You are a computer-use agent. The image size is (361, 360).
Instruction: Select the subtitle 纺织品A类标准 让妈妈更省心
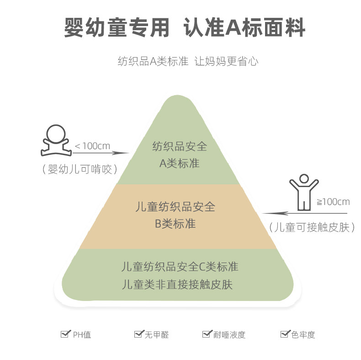point(188,61)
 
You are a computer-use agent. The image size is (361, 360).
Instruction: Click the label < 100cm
point(92,146)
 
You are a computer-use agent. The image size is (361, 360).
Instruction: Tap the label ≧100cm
point(333,202)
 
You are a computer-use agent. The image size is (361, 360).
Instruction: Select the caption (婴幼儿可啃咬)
point(80,169)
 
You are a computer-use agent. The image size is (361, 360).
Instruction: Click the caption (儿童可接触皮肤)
point(312,227)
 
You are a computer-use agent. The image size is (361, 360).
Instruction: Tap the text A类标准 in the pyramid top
point(180,163)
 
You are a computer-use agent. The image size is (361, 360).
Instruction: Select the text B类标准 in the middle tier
point(175,224)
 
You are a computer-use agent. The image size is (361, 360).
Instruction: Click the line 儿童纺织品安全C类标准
point(180,266)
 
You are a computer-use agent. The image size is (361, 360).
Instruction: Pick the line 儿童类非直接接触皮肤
point(178,284)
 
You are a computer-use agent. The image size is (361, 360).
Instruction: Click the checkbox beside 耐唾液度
point(207,334)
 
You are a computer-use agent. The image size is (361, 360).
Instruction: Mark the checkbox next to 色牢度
point(285,334)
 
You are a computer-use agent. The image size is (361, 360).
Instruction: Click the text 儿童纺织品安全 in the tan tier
point(175,207)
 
